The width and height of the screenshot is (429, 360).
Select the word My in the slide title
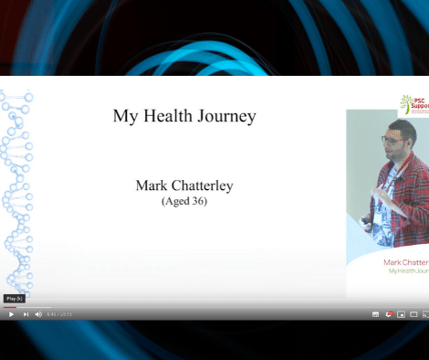point(124,116)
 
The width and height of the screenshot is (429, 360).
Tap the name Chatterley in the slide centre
point(201,185)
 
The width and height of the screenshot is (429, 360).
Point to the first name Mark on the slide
point(150,185)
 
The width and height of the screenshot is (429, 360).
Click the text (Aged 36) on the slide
point(183,201)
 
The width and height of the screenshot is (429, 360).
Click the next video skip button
point(26,313)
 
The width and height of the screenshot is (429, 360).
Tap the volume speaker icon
point(38,313)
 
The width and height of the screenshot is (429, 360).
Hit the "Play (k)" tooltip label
point(14,299)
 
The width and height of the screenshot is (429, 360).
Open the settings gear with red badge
point(390,313)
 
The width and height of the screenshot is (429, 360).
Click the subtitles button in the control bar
point(375,313)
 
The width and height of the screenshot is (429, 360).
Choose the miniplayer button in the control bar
point(402,313)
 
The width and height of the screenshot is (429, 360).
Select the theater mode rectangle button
point(413,313)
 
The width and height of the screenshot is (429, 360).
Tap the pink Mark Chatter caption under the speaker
point(405,261)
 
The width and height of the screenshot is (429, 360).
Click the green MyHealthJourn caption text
point(408,271)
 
